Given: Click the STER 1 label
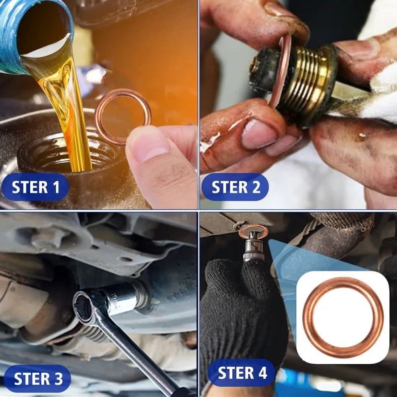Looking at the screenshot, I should (36, 187).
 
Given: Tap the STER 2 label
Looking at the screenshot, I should (236, 187).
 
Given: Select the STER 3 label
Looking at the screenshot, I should (38, 379).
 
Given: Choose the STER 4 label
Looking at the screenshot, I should (242, 373).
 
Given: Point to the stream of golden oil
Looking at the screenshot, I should (74, 114).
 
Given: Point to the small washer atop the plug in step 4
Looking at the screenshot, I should (253, 231).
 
